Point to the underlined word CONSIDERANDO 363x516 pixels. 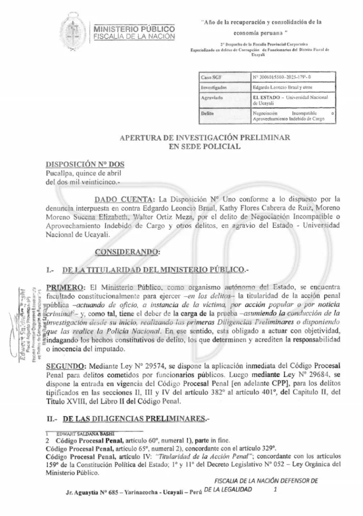click(x=127, y=251)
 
